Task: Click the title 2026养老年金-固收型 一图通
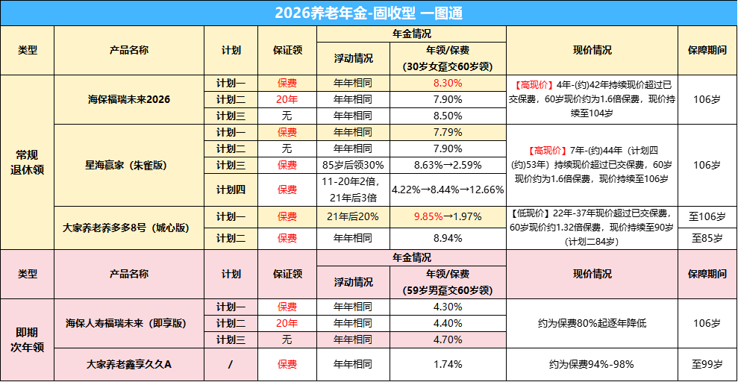coord(369,13)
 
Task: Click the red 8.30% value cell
coord(448,83)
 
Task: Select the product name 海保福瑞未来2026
coord(128,98)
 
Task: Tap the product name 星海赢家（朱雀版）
coord(128,164)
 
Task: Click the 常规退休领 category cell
coord(27,162)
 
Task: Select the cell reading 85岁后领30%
coord(352,165)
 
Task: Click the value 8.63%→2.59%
coord(448,165)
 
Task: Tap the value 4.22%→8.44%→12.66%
coord(448,190)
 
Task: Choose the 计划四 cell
coord(231,190)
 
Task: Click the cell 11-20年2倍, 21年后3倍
coord(352,190)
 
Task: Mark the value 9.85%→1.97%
coord(448,216)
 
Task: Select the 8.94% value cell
coord(448,238)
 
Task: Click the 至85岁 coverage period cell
coord(707,238)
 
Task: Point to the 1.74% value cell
coord(448,365)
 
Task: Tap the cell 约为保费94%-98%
coord(592,365)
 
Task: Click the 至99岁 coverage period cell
coord(707,365)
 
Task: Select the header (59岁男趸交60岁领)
coord(448,290)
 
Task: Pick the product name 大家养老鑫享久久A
coord(128,365)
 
